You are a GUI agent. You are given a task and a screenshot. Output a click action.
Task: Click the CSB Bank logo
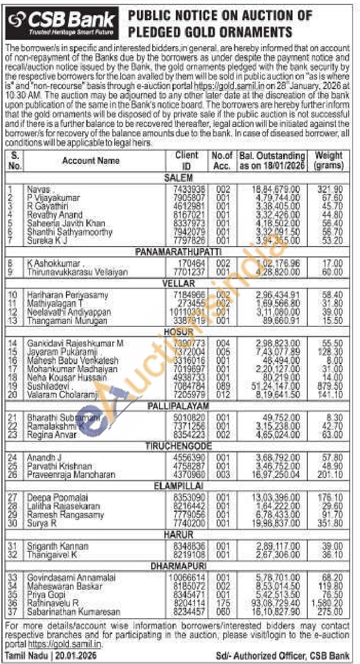point(63,23)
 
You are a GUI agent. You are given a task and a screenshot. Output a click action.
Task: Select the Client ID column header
point(187,160)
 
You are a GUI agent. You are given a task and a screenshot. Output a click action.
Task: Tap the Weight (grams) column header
point(328,160)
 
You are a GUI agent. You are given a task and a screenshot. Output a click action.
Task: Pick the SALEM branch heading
point(178,178)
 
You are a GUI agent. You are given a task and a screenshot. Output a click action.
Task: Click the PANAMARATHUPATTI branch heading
point(178,252)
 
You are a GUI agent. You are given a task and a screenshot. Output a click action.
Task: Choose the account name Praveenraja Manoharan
point(71,475)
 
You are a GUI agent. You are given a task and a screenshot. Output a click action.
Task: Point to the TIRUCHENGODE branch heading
point(178,446)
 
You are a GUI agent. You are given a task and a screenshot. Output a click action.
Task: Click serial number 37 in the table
point(15,612)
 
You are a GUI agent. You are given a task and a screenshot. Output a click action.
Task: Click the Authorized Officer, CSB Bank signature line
point(283,656)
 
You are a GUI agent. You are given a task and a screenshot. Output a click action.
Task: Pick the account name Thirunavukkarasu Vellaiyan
point(77,272)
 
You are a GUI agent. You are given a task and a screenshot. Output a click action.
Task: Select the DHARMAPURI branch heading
point(178,567)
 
